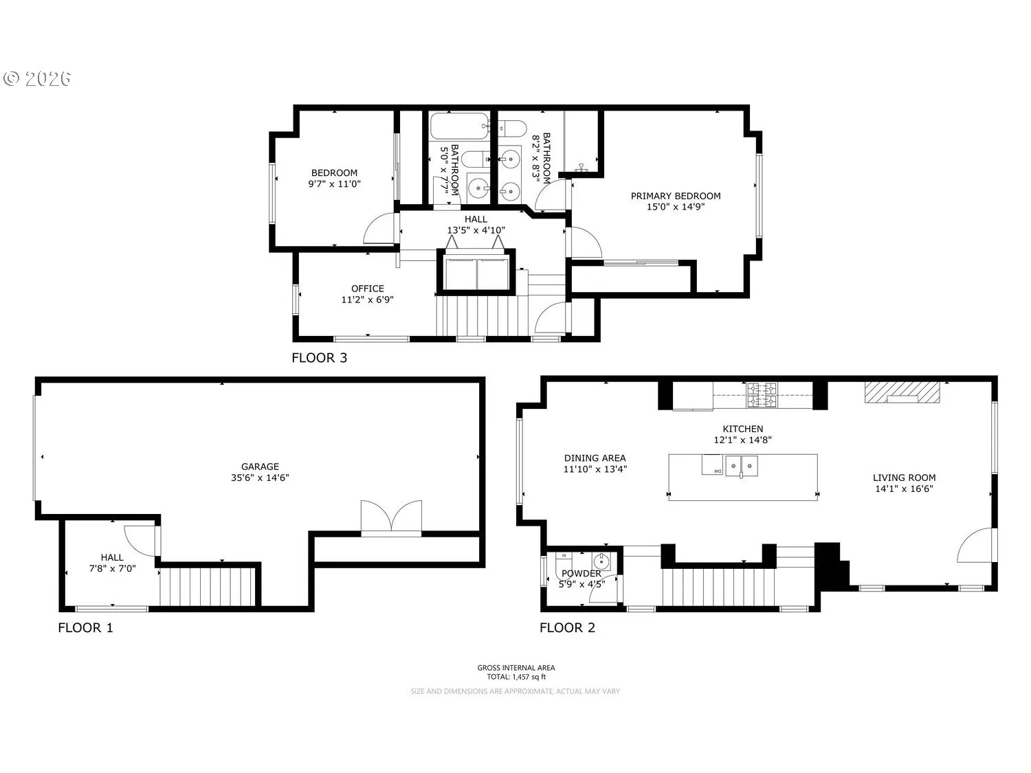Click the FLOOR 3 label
click(319, 357)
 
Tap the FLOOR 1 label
click(85, 627)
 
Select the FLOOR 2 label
click(567, 627)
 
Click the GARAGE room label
click(260, 467)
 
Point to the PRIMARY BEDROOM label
click(676, 196)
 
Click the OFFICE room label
click(367, 289)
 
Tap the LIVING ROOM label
click(904, 478)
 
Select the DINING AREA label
click(595, 458)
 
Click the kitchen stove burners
click(762, 394)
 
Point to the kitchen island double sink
click(741, 466)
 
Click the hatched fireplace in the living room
click(902, 392)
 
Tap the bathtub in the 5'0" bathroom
click(459, 126)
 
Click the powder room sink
click(601, 561)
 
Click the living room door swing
click(976, 544)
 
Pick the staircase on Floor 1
click(207, 587)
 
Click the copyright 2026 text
click(37, 78)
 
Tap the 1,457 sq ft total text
click(516, 677)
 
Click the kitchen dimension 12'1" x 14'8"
click(742, 440)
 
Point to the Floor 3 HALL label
click(476, 219)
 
